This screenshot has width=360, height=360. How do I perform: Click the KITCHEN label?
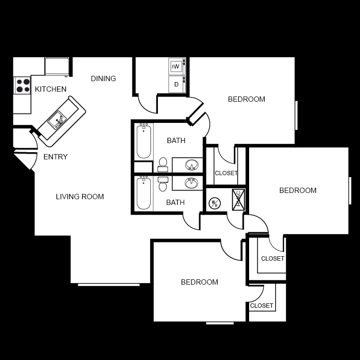[51, 89]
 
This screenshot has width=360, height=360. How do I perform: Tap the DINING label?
[103, 79]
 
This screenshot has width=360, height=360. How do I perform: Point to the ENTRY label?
[56, 157]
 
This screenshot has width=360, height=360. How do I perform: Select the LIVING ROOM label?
[80, 196]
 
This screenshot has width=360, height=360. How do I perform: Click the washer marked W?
[177, 66]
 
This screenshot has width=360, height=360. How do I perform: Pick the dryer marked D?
[177, 84]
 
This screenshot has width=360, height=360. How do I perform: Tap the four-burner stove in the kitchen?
[22, 85]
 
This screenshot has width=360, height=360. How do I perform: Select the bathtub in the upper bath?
[144, 141]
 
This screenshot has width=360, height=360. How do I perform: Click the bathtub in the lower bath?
[144, 193]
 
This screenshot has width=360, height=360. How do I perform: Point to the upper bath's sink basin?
[192, 166]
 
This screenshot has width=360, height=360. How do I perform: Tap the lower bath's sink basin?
[192, 182]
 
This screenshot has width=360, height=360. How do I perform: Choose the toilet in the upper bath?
[163, 165]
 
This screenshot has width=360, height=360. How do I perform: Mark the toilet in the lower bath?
[163, 183]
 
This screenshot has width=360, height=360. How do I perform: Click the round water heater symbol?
[215, 203]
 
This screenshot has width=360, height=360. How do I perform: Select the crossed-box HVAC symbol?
[239, 200]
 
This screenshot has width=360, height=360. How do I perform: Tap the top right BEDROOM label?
[246, 99]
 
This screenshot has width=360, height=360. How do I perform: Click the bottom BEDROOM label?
[199, 282]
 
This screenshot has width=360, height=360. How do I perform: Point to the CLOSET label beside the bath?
[226, 173]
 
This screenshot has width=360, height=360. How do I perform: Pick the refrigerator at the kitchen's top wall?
[57, 66]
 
